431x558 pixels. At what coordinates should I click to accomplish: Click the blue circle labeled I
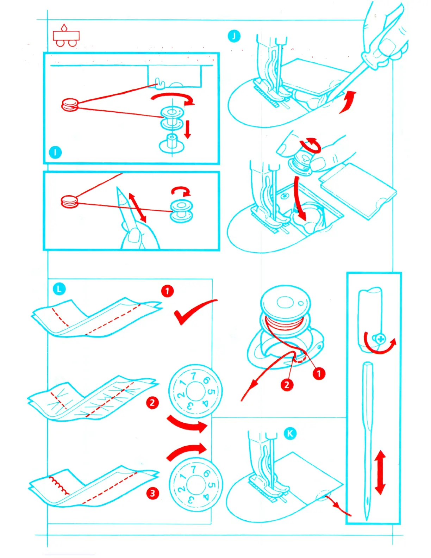point(55,152)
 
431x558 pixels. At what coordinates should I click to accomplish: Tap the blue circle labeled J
point(234,36)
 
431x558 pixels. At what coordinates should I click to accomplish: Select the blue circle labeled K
point(290,433)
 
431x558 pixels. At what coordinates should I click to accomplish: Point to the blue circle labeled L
point(59,289)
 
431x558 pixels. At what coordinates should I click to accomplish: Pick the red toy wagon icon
point(66,36)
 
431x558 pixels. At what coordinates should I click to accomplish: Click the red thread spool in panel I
point(70,105)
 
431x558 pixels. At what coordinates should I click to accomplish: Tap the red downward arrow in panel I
point(188,129)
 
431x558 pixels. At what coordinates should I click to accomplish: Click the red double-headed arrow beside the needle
point(380,473)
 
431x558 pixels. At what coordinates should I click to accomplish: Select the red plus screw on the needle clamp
point(380,340)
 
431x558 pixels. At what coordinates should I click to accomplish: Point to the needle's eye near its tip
point(368,500)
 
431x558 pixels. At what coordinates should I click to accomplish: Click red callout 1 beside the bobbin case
point(319,373)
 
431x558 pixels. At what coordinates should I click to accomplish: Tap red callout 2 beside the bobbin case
point(287,385)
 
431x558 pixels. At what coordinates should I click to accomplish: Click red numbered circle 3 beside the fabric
point(152,493)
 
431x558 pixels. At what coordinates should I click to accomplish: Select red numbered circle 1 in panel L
point(167,291)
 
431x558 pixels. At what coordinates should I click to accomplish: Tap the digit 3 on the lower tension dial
point(190,499)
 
